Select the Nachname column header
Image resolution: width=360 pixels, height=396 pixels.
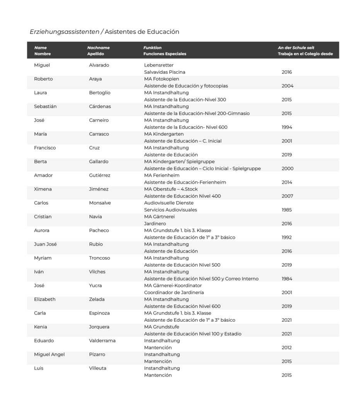point(98,48)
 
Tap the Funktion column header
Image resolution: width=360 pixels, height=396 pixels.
point(152,48)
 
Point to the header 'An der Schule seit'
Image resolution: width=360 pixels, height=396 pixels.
point(296,48)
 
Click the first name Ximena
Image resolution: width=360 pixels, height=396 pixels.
point(43,189)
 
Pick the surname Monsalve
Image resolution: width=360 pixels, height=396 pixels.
point(100,203)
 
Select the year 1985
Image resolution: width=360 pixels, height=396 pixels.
point(287,210)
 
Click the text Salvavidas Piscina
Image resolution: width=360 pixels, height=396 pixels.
point(165,72)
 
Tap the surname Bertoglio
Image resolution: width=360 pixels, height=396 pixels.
point(100,93)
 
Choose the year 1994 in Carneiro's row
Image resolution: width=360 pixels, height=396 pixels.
point(287,127)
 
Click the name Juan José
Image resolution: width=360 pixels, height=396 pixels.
point(45,244)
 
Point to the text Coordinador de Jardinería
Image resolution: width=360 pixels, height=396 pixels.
point(174,292)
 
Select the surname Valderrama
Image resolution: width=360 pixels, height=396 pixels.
point(102,341)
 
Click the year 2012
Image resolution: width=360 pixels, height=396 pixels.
point(287,348)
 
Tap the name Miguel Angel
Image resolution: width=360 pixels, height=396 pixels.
point(49,355)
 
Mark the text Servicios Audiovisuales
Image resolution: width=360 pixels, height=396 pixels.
point(170,210)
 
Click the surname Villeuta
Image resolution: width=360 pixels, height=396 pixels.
point(97,368)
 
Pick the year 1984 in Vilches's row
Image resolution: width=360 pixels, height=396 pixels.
point(287,279)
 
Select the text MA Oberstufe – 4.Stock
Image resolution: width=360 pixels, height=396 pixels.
point(172,189)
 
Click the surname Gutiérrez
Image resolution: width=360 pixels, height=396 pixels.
point(100,176)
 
